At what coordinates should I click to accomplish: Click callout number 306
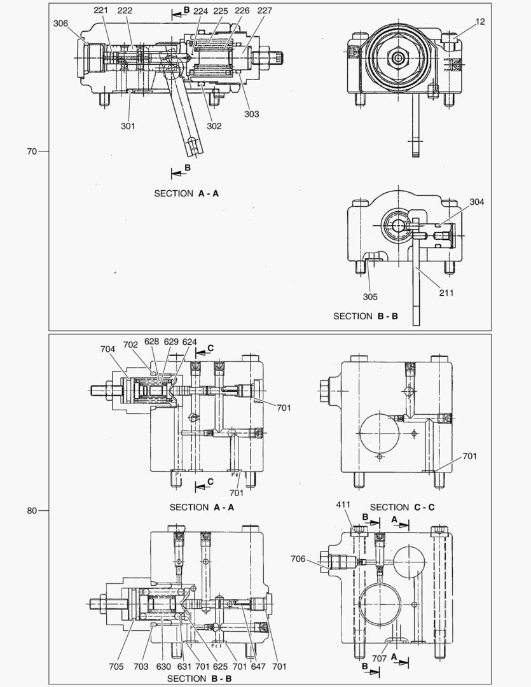61,23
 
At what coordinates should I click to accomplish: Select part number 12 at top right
479,22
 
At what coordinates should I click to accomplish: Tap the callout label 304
477,202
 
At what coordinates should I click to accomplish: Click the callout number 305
370,296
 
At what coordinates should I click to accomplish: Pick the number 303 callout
251,114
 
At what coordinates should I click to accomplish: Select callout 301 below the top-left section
128,125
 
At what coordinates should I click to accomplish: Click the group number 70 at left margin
32,151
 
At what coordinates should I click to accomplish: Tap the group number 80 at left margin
32,510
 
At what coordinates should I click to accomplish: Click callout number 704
108,349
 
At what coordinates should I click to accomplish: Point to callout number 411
343,504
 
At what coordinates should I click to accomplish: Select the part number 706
298,559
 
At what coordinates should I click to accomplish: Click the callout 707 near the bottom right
380,659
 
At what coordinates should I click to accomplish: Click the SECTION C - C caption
402,507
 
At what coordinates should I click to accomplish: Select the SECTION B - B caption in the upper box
366,316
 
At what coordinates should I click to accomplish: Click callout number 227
265,11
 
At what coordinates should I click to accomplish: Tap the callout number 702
131,344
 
